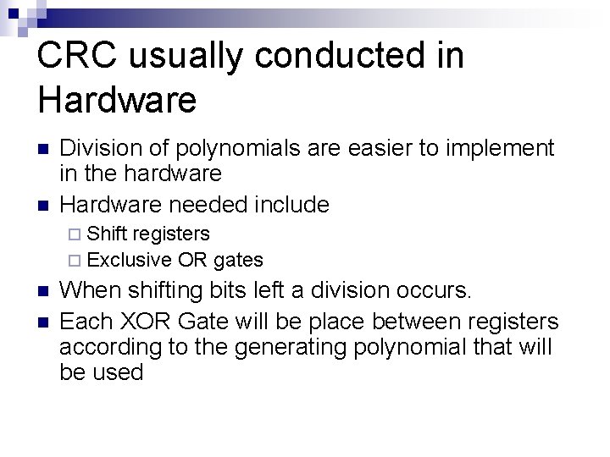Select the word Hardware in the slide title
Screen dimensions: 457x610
point(117,101)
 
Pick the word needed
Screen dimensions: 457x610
point(211,204)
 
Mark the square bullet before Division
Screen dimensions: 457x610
point(44,150)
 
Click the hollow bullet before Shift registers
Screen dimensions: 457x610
point(74,234)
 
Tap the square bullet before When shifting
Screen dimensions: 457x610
point(44,292)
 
